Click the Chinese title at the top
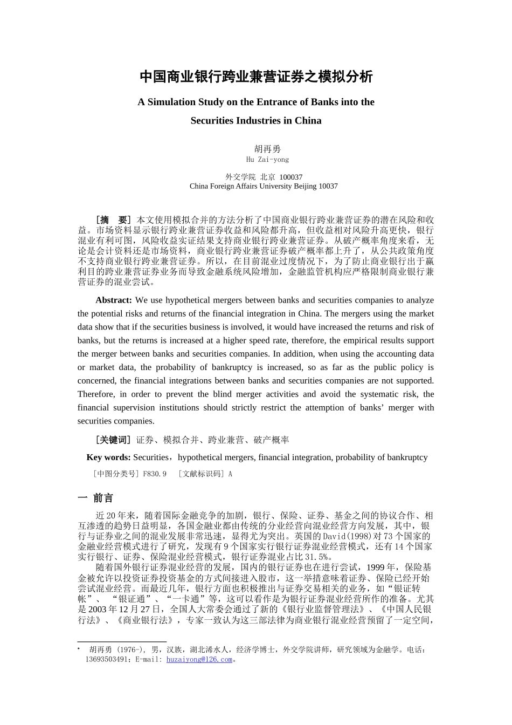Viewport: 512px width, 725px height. (x=256, y=77)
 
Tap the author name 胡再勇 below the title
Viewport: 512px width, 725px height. (x=267, y=149)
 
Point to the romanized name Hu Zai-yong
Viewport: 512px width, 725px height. (x=267, y=160)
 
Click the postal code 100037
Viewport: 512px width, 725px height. (x=291, y=177)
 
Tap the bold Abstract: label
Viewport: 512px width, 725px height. (x=114, y=300)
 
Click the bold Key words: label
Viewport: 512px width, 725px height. (x=108, y=457)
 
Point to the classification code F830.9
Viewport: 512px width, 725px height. (x=155, y=474)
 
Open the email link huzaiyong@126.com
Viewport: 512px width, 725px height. (x=199, y=659)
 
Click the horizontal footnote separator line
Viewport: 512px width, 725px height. (x=122, y=642)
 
